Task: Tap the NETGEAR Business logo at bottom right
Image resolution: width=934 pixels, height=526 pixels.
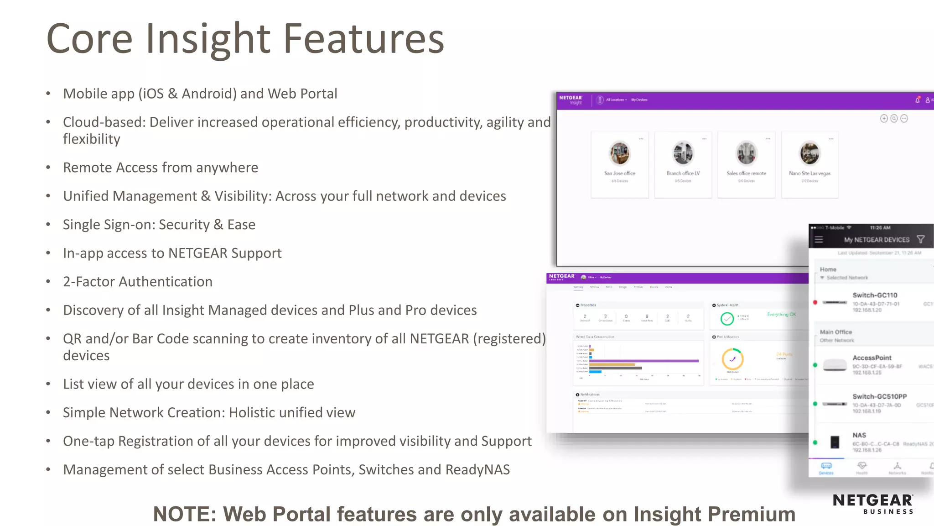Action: tap(873, 504)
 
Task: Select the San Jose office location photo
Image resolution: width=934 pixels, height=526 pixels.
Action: tap(619, 153)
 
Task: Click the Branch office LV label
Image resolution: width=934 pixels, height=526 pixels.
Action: tap(683, 174)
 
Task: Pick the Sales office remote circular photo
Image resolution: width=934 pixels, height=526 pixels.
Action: tap(746, 153)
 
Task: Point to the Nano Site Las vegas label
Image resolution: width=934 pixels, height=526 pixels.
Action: tap(809, 174)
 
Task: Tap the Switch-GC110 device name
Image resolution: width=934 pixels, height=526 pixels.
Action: tap(875, 295)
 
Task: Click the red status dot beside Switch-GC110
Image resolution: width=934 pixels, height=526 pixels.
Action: tap(815, 302)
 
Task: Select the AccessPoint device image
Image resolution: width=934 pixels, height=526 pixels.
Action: tap(835, 365)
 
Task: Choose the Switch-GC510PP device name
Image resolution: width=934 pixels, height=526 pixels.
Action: tap(879, 396)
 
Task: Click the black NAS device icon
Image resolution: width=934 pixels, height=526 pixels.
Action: tap(835, 442)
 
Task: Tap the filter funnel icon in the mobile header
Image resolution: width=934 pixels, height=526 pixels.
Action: tap(921, 239)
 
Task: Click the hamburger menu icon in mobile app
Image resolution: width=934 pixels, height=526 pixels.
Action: tap(819, 239)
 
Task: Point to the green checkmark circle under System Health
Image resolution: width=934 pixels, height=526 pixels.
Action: tap(727, 319)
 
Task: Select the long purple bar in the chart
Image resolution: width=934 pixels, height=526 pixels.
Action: tap(644, 361)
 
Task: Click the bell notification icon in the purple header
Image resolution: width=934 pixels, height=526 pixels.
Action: tap(918, 100)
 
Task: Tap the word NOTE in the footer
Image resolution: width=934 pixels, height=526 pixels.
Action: tap(184, 514)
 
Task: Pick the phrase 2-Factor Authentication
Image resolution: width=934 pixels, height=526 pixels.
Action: tap(138, 282)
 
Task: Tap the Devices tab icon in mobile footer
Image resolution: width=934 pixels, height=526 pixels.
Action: tap(826, 467)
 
